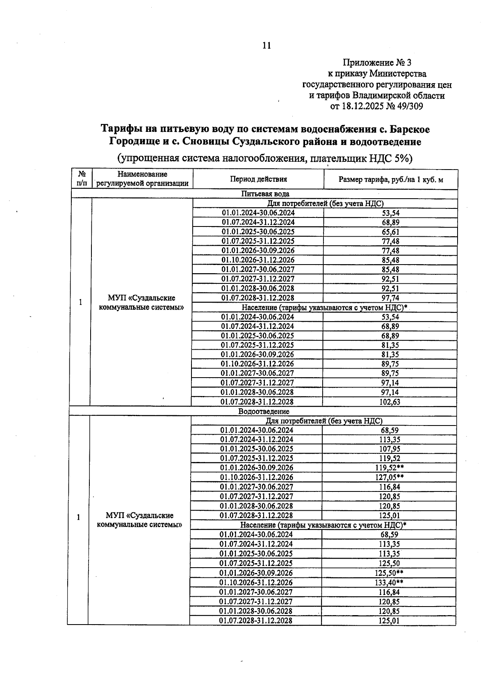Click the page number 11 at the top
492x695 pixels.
tap(266, 45)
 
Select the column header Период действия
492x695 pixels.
tap(258, 179)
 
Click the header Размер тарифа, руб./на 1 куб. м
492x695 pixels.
tap(390, 179)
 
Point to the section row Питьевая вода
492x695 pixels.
tap(265, 194)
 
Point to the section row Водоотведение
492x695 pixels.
tap(264, 411)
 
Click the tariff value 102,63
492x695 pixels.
tap(389, 402)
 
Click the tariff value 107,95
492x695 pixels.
tap(389, 449)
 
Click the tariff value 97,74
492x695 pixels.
tap(390, 298)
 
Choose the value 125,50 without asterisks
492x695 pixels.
tap(389, 564)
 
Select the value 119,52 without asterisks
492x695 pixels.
tap(389, 458)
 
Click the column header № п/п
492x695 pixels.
tap(82, 179)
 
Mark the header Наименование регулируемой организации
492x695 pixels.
tap(142, 179)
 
